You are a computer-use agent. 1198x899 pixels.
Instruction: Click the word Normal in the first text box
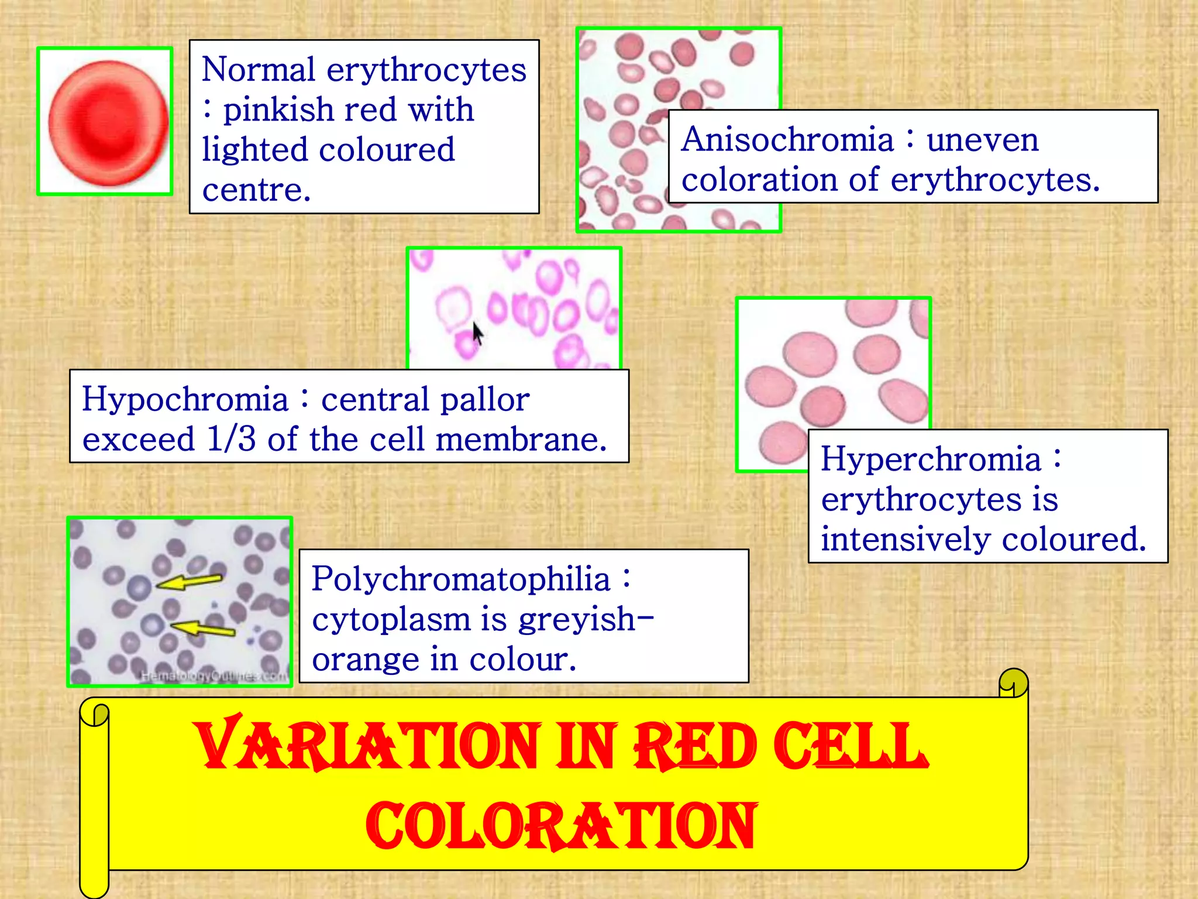(x=259, y=70)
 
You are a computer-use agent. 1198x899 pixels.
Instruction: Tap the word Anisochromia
(x=787, y=139)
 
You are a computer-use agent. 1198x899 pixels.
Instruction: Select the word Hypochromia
(x=185, y=399)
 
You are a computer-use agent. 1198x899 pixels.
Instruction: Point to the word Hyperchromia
(x=931, y=458)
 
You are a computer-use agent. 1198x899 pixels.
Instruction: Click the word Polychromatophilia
(x=460, y=579)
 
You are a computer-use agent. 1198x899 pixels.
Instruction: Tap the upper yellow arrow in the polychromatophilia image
(x=190, y=581)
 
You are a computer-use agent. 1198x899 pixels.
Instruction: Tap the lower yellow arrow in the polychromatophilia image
(x=203, y=629)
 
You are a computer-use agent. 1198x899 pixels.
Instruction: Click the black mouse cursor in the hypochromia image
(x=478, y=334)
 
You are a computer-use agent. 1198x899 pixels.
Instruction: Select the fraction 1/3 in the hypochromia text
(x=231, y=439)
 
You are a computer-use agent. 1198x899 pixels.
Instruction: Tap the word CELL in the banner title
(x=851, y=745)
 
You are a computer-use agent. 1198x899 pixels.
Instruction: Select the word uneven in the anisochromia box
(x=982, y=139)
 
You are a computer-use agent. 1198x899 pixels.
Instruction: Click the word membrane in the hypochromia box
(x=521, y=439)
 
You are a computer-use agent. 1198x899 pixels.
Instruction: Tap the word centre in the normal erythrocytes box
(x=256, y=190)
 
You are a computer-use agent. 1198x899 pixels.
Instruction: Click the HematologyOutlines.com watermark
(x=214, y=677)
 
